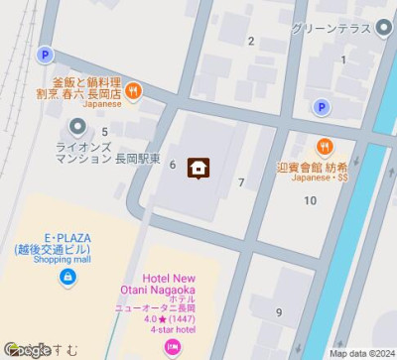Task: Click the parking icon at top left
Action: coord(44,56)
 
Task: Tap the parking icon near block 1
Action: coord(320,107)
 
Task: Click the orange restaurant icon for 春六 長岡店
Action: coord(133,91)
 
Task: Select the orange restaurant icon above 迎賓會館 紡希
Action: coord(324,147)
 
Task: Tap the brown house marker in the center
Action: coord(198,167)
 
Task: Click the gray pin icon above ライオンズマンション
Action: coord(77,127)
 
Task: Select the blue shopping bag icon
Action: coord(66,279)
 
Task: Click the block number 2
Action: coord(251,41)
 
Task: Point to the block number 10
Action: coord(311,201)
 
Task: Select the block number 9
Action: coord(279,313)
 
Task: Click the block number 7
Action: coord(241,182)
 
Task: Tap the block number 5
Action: coord(104,131)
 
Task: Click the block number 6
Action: coord(173,165)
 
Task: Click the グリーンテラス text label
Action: coord(331,29)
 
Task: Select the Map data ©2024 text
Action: coord(361,353)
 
